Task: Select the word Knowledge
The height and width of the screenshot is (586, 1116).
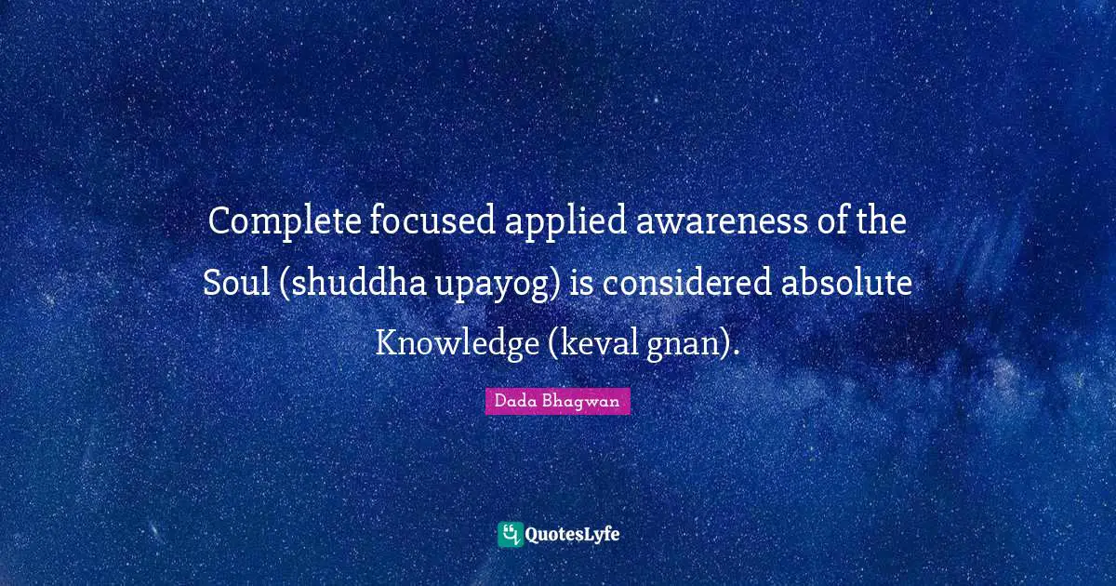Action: pos(453,342)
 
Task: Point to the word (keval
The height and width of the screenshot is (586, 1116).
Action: pos(589,343)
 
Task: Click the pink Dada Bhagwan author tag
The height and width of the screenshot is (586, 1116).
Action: pos(557,401)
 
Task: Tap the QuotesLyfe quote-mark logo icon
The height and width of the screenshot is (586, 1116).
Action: pos(510,534)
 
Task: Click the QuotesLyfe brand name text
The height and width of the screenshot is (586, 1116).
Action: pos(574,535)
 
